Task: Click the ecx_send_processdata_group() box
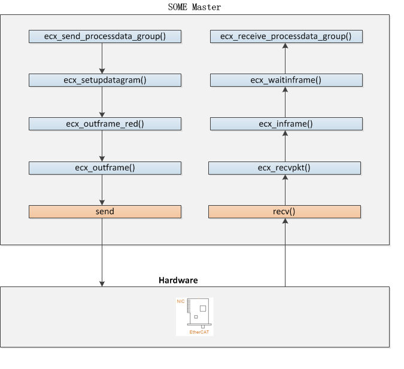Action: click(x=105, y=36)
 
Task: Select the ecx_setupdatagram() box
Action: click(x=105, y=80)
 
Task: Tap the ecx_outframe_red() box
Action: click(x=105, y=124)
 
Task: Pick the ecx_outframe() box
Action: click(x=105, y=167)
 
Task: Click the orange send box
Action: click(x=105, y=211)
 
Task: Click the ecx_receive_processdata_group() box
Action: click(x=285, y=36)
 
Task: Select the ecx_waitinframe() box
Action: click(x=285, y=80)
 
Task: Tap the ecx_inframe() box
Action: click(x=285, y=124)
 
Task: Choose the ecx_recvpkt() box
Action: click(x=284, y=167)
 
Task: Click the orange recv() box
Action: click(x=284, y=211)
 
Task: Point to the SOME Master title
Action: click(x=195, y=7)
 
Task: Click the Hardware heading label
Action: click(x=178, y=280)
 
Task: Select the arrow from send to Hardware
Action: click(x=102, y=251)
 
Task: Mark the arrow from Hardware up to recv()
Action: click(x=285, y=251)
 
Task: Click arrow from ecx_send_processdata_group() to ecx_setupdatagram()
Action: click(x=102, y=58)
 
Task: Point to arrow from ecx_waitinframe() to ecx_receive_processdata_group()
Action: click(x=285, y=58)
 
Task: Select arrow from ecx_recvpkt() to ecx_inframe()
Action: click(x=285, y=145)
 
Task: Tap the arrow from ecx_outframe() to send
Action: click(x=102, y=189)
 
